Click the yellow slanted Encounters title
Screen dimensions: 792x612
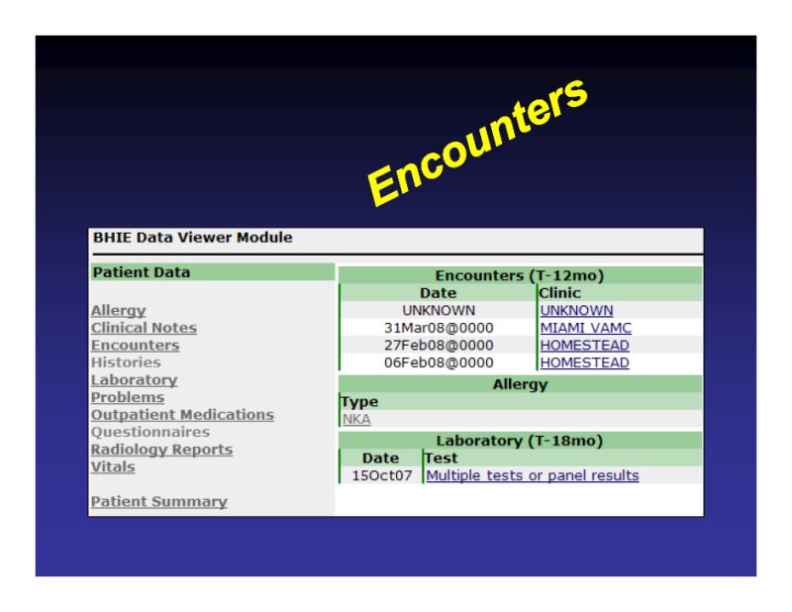coord(477,143)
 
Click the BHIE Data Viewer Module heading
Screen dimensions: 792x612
coord(192,238)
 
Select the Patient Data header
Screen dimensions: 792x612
coord(142,272)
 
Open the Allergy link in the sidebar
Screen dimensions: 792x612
coord(118,310)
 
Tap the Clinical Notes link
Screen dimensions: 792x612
coord(144,328)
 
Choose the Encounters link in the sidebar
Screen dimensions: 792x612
coord(136,346)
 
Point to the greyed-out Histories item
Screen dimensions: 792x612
coord(127,362)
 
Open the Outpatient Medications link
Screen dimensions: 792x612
coord(182,414)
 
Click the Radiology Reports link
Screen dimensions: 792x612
coord(161,450)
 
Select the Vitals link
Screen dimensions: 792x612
coord(113,466)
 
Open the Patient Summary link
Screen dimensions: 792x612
coord(159,501)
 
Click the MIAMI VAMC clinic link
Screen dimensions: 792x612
coord(586,328)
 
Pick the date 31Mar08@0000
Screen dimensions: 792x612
coord(439,328)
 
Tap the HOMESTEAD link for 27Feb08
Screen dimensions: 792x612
coord(585,346)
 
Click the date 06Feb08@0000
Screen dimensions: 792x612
coord(439,362)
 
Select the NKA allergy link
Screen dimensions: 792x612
coord(356,419)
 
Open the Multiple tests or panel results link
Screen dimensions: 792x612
coord(533,475)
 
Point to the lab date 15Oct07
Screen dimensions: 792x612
coord(382,475)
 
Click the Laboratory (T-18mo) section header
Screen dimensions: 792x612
coord(520,441)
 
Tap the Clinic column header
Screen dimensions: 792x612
coord(559,293)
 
